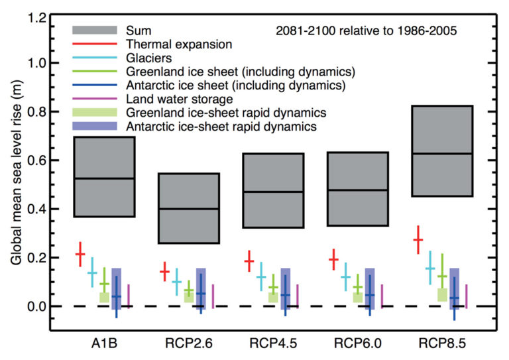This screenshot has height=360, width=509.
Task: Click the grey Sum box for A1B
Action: (104, 176)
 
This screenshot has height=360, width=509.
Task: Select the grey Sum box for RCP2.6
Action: (188, 208)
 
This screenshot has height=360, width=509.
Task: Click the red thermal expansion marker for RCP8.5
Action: (418, 240)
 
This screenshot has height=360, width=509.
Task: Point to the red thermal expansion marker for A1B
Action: (80, 254)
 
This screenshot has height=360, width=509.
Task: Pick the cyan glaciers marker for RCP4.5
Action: (261, 277)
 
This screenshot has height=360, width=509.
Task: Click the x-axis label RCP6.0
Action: (358, 343)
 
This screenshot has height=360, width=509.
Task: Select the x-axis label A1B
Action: (104, 343)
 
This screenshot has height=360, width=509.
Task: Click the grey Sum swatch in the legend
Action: (95, 30)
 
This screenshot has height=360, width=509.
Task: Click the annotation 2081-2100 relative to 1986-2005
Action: (367, 30)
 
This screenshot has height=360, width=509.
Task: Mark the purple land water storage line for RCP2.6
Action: (213, 296)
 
